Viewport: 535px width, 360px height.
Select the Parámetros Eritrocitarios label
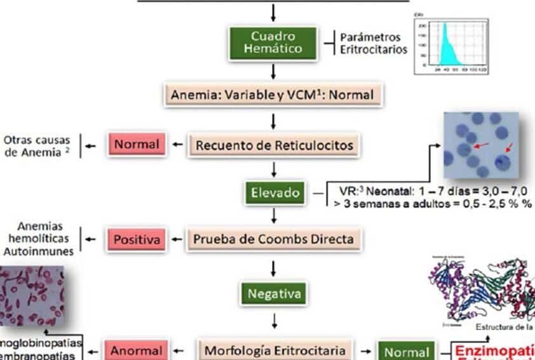pos(374,43)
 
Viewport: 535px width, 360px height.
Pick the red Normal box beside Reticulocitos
pos(137,144)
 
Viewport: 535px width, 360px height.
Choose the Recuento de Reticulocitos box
pos(274,145)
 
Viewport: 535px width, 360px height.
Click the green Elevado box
pos(274,192)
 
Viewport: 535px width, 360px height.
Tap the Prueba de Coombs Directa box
pos(273,239)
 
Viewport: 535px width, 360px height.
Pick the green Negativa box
pos(273,294)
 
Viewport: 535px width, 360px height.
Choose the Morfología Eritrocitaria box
pos(274,350)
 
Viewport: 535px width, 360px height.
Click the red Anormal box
pos(137,350)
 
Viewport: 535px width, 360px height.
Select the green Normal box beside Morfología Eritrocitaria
pos(407,351)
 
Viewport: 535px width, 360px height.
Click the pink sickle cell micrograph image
pos(32,298)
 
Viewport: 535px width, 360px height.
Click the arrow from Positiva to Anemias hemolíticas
pos(90,239)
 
